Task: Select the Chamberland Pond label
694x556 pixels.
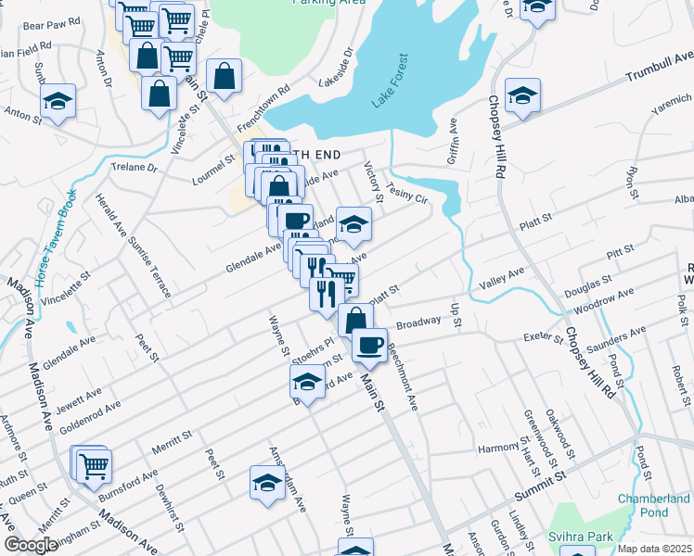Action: click(654, 505)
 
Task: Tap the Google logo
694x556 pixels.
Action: click(31, 545)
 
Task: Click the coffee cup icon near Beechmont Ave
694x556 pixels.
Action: click(369, 345)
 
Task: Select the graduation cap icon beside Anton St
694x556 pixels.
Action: click(58, 101)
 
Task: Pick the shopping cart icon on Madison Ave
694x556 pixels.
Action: click(94, 466)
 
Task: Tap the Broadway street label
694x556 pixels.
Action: click(418, 323)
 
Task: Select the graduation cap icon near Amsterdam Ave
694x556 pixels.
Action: click(267, 483)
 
